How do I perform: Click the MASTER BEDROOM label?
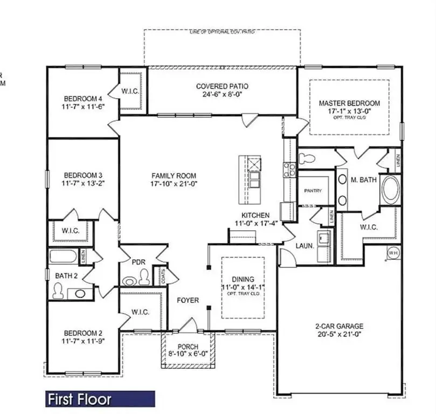pos(349,103)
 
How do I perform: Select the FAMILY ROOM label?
pos(174,176)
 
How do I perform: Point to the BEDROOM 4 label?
pos(83,98)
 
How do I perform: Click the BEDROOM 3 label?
pos(83,175)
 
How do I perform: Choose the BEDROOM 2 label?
pos(83,333)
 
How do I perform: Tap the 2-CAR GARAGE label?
pos(339,326)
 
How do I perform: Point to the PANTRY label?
pos(313,191)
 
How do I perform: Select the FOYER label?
pos(188,300)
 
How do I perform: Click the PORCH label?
pos(188,346)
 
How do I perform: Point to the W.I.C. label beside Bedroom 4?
pos(130,91)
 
